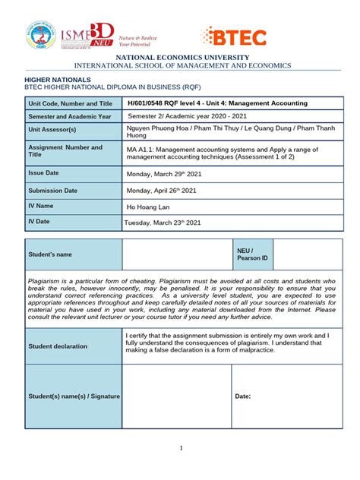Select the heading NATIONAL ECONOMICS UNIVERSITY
tap(180, 58)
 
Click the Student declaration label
tap(58, 346)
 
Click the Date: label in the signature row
tap(243, 396)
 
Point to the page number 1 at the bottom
tap(182, 448)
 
